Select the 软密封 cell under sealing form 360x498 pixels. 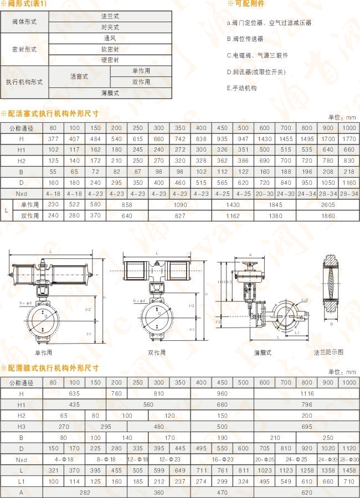110,49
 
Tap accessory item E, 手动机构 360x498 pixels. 242,88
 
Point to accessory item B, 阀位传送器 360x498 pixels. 245,39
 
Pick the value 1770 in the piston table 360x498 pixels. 349,138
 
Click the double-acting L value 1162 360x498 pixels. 232,215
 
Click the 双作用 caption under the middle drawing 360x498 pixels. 157,352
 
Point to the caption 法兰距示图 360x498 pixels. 328,352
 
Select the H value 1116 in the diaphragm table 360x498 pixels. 307,393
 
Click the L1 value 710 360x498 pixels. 349,481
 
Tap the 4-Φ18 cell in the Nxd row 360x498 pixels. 64,459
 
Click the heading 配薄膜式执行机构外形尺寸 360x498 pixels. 52,368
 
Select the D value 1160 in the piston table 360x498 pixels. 349,182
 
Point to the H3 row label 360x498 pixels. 22,427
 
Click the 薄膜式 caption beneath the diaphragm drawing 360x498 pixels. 263,352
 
